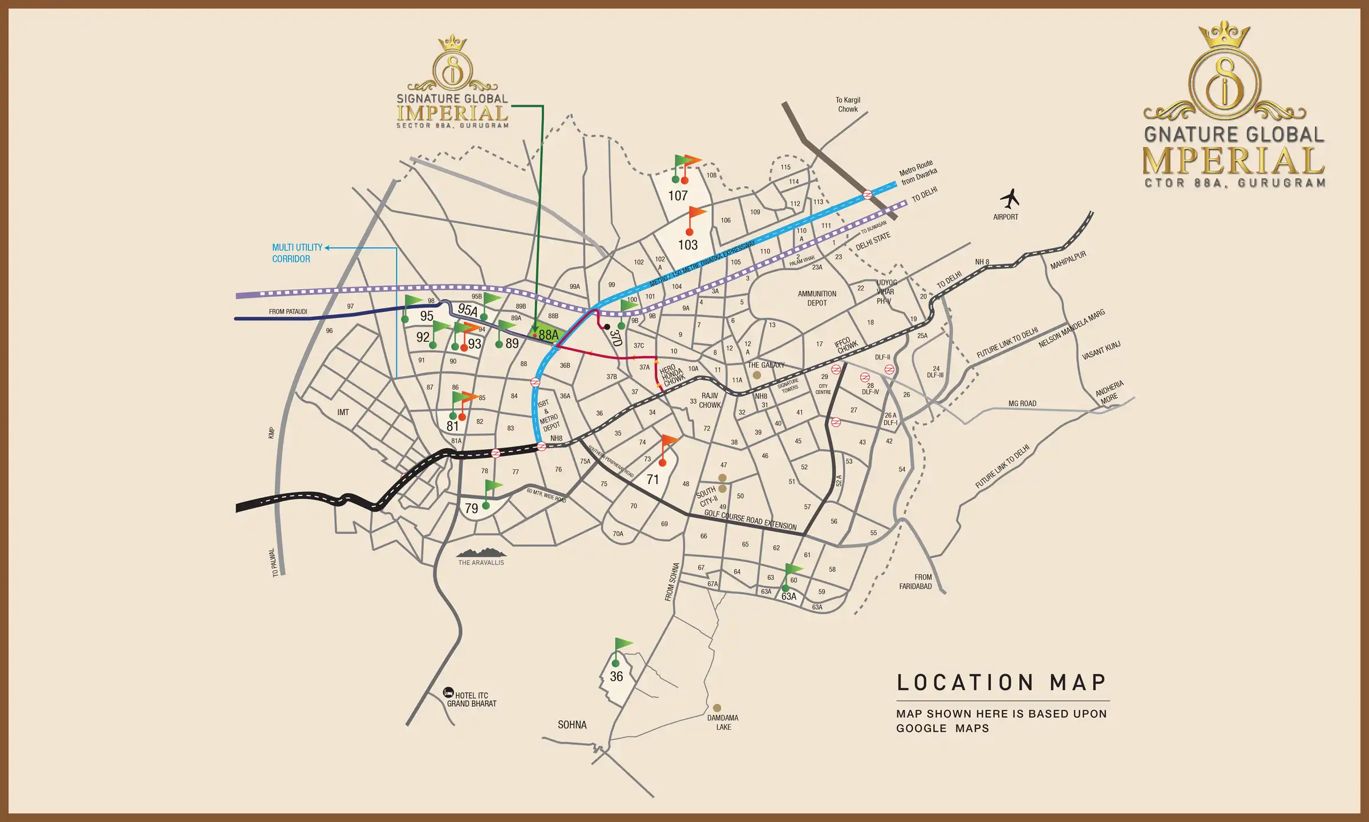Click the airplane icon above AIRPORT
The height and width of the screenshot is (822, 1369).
coord(1010,199)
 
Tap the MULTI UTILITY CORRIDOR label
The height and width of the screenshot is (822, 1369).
coord(297,253)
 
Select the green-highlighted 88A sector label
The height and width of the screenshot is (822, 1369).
coord(548,335)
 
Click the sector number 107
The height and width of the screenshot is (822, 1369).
coord(678,196)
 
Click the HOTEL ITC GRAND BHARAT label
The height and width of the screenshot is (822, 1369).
coord(471,699)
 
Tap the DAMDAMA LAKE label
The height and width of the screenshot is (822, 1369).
coord(723,722)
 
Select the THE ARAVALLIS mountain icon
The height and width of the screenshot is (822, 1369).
coord(481,552)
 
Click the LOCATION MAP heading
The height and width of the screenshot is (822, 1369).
coord(1002,683)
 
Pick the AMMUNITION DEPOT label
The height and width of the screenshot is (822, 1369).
coord(817,298)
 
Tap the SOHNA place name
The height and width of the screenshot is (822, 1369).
coord(572,724)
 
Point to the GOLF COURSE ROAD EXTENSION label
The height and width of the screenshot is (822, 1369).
coord(750,519)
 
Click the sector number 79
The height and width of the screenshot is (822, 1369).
coord(471,508)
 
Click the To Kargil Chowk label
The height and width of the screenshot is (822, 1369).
coord(848,104)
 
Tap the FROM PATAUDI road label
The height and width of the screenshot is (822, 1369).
coord(288,312)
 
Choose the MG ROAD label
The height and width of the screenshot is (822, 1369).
coord(1022,404)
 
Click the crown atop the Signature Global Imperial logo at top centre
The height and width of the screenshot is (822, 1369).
coord(452,42)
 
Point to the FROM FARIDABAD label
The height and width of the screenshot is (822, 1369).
coord(915,582)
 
